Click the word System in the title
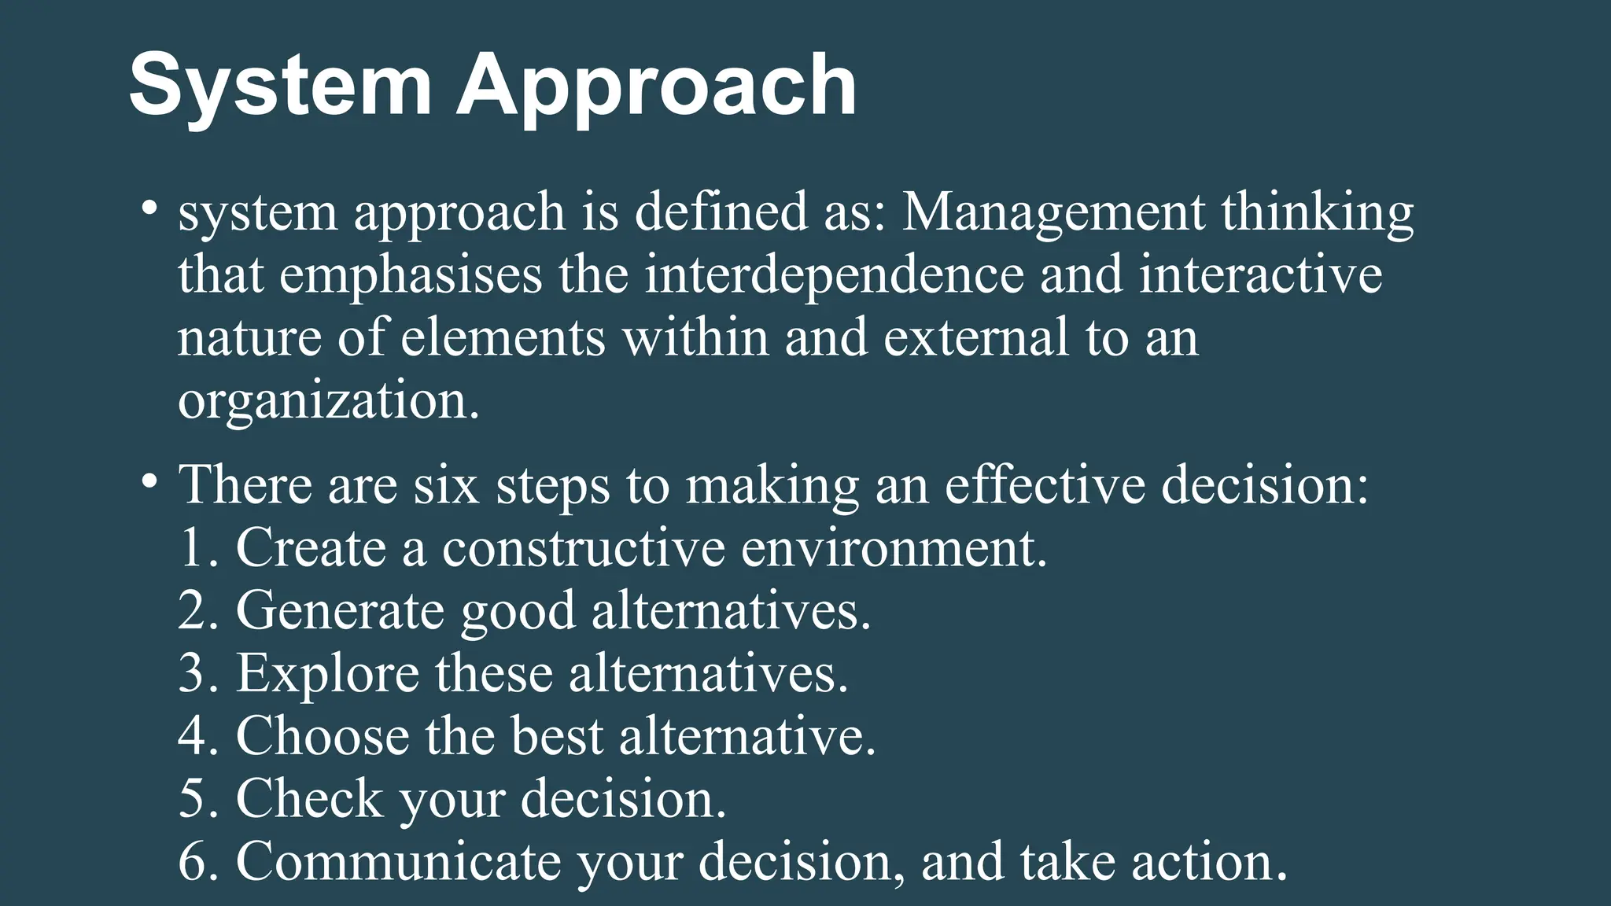pyautogui.click(x=280, y=85)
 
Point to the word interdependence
pyautogui.click(x=834, y=275)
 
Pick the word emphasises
pyautogui.click(x=411, y=277)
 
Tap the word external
pyautogui.click(x=975, y=338)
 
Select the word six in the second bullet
pyautogui.click(x=446, y=485)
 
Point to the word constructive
pyautogui.click(x=583, y=548)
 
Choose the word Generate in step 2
pyautogui.click(x=340, y=611)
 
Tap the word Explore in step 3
pyautogui.click(x=327, y=675)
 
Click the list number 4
pyautogui.click(x=193, y=737)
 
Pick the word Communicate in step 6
pyautogui.click(x=398, y=862)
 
